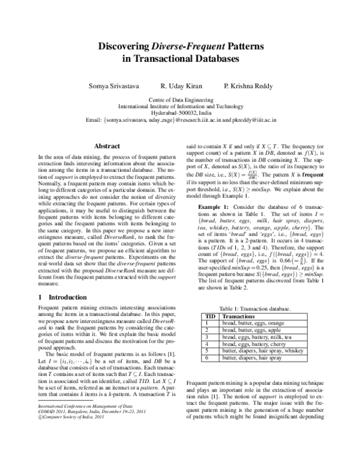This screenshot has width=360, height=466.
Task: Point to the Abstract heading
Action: tap(107, 146)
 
